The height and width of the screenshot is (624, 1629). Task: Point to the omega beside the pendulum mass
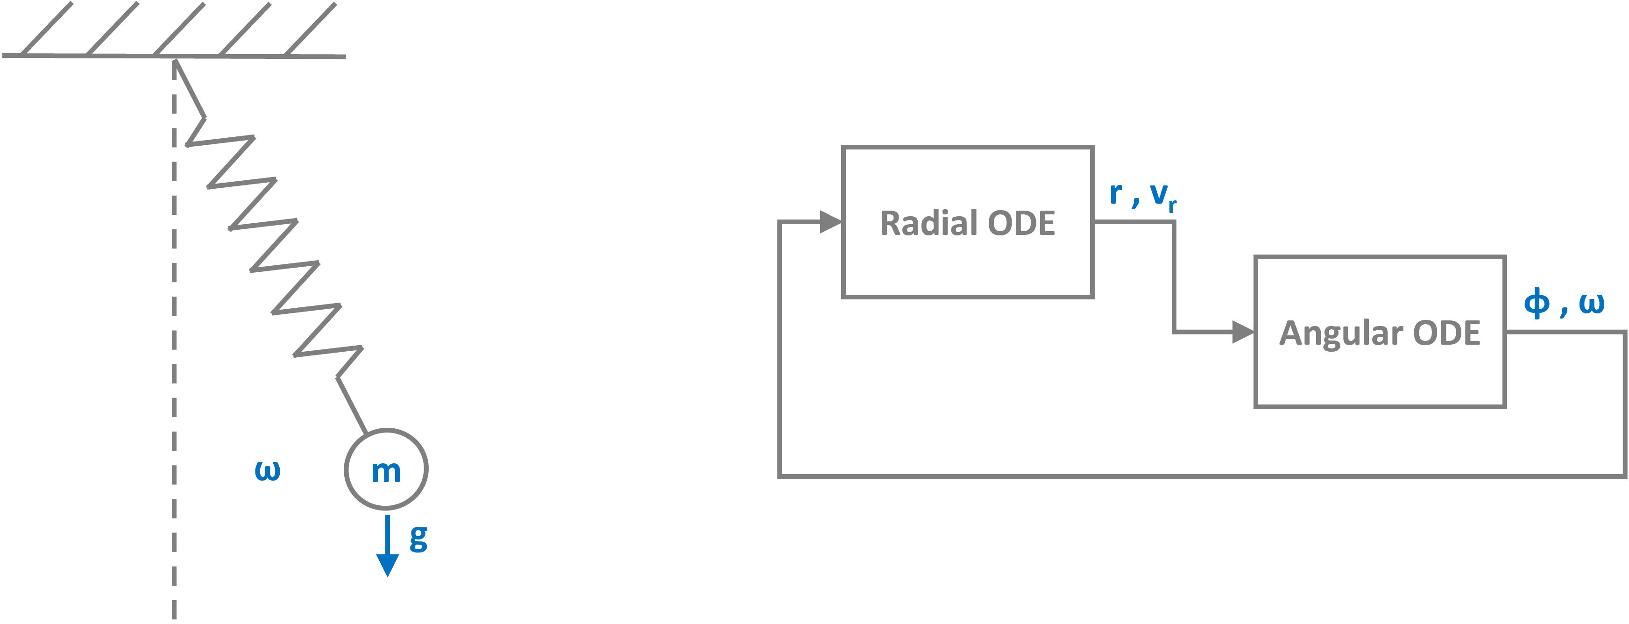coord(267,470)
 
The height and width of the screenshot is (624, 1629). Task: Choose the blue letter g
coord(418,539)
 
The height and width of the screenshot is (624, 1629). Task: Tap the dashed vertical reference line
coord(174,379)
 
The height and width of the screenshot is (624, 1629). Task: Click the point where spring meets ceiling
coord(175,58)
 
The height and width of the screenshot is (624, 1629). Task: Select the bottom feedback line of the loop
coord(1202,475)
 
